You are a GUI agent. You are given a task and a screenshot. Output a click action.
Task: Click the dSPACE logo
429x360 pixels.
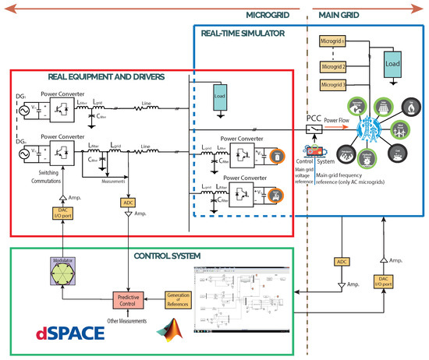pos(69,334)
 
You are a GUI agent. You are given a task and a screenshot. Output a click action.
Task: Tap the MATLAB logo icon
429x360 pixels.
pos(170,330)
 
